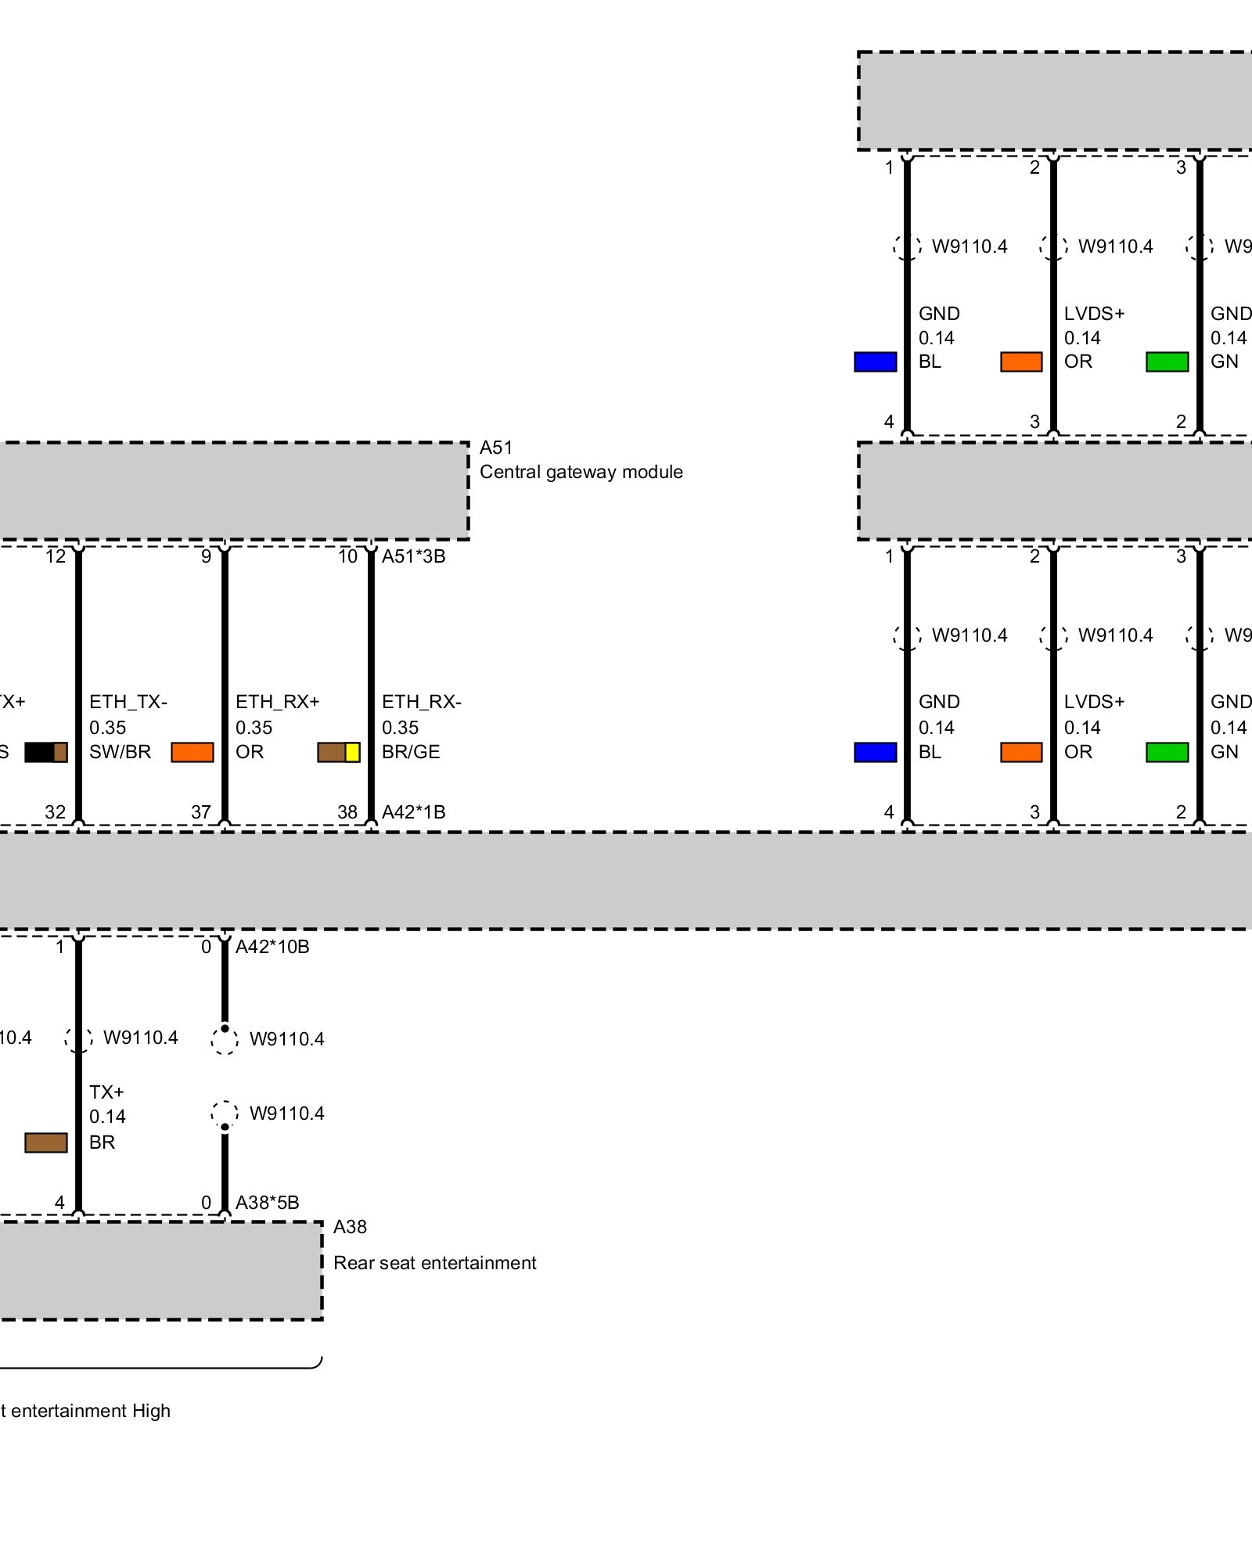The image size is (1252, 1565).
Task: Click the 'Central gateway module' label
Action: [581, 472]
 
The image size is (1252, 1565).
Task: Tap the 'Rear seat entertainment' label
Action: [434, 1263]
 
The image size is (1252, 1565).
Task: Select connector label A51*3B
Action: [413, 556]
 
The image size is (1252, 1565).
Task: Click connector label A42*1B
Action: [413, 812]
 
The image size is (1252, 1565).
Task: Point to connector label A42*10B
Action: [272, 947]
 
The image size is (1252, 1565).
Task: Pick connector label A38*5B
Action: [267, 1203]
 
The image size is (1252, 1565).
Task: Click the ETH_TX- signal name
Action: [128, 702]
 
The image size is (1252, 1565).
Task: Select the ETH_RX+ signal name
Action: [278, 702]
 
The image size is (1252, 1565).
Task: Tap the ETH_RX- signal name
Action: [422, 702]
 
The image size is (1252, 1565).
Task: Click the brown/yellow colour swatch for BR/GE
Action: [339, 752]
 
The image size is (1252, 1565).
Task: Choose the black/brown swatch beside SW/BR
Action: [46, 752]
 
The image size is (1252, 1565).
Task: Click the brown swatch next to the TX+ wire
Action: [46, 1142]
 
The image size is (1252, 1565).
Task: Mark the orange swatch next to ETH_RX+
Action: [192, 752]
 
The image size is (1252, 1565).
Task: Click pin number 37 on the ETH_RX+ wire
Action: [201, 812]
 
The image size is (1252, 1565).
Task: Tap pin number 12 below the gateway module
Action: [56, 556]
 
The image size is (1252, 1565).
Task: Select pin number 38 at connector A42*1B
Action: [347, 812]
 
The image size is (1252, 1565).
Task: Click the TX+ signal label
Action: [106, 1092]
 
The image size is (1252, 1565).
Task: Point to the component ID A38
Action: [350, 1227]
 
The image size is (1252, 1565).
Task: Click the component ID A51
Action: [496, 448]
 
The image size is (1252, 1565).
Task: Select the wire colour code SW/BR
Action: [120, 752]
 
